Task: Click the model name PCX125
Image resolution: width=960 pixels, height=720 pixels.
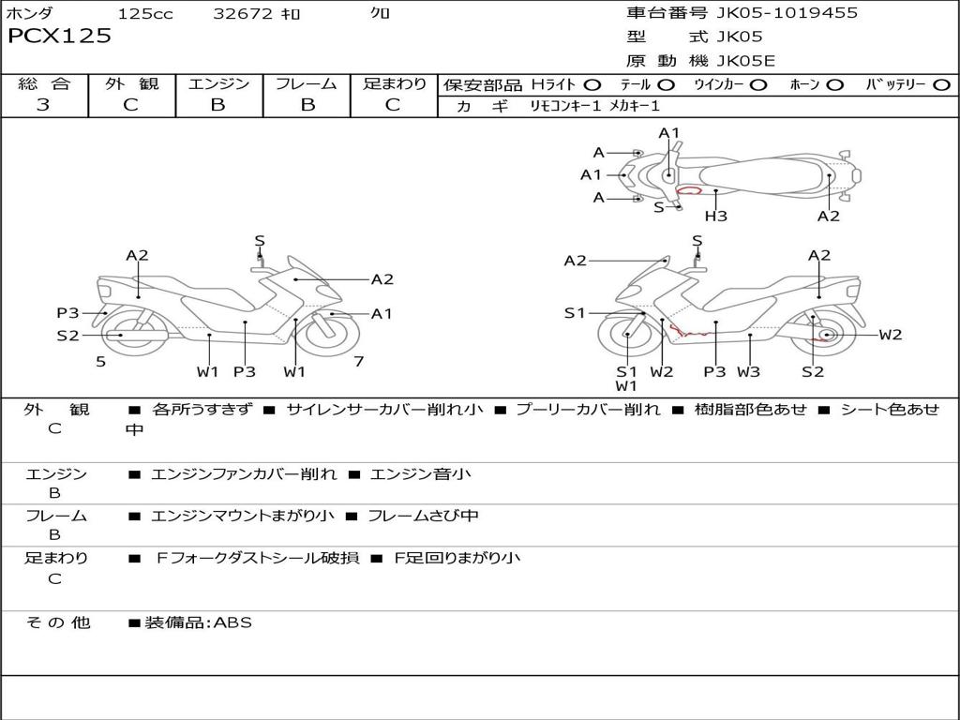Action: pyautogui.click(x=59, y=37)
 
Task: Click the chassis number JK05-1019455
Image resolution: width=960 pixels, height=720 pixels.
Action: pyautogui.click(x=773, y=13)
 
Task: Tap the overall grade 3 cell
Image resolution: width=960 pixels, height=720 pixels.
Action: pyautogui.click(x=43, y=105)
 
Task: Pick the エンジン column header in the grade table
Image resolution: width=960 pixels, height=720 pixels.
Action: pyautogui.click(x=218, y=84)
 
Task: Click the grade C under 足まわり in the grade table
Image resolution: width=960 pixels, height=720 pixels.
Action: pyautogui.click(x=393, y=105)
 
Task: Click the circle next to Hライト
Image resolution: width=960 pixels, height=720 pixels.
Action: pyautogui.click(x=592, y=85)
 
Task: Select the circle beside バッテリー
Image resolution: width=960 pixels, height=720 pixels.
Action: pyautogui.click(x=941, y=85)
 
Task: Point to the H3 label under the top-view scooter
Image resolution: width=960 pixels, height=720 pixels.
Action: pyautogui.click(x=716, y=217)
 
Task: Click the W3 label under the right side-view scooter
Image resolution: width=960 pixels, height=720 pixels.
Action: pyautogui.click(x=748, y=372)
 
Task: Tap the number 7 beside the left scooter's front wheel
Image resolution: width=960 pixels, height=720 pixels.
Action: pyautogui.click(x=358, y=362)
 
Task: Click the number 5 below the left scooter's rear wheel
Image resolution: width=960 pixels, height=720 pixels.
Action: pyautogui.click(x=100, y=362)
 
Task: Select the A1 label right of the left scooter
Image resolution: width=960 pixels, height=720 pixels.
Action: pyautogui.click(x=382, y=314)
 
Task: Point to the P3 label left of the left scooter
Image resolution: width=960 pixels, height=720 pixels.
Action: pyautogui.click(x=67, y=313)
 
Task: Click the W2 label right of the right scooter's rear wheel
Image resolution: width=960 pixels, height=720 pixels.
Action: pyautogui.click(x=890, y=335)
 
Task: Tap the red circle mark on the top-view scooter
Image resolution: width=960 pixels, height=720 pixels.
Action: pyautogui.click(x=690, y=190)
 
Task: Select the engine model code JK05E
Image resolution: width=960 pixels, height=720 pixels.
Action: pyautogui.click(x=746, y=62)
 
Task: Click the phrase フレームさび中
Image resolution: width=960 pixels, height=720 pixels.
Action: pyautogui.click(x=423, y=516)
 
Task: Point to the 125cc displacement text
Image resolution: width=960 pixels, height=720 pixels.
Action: pyautogui.click(x=145, y=14)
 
